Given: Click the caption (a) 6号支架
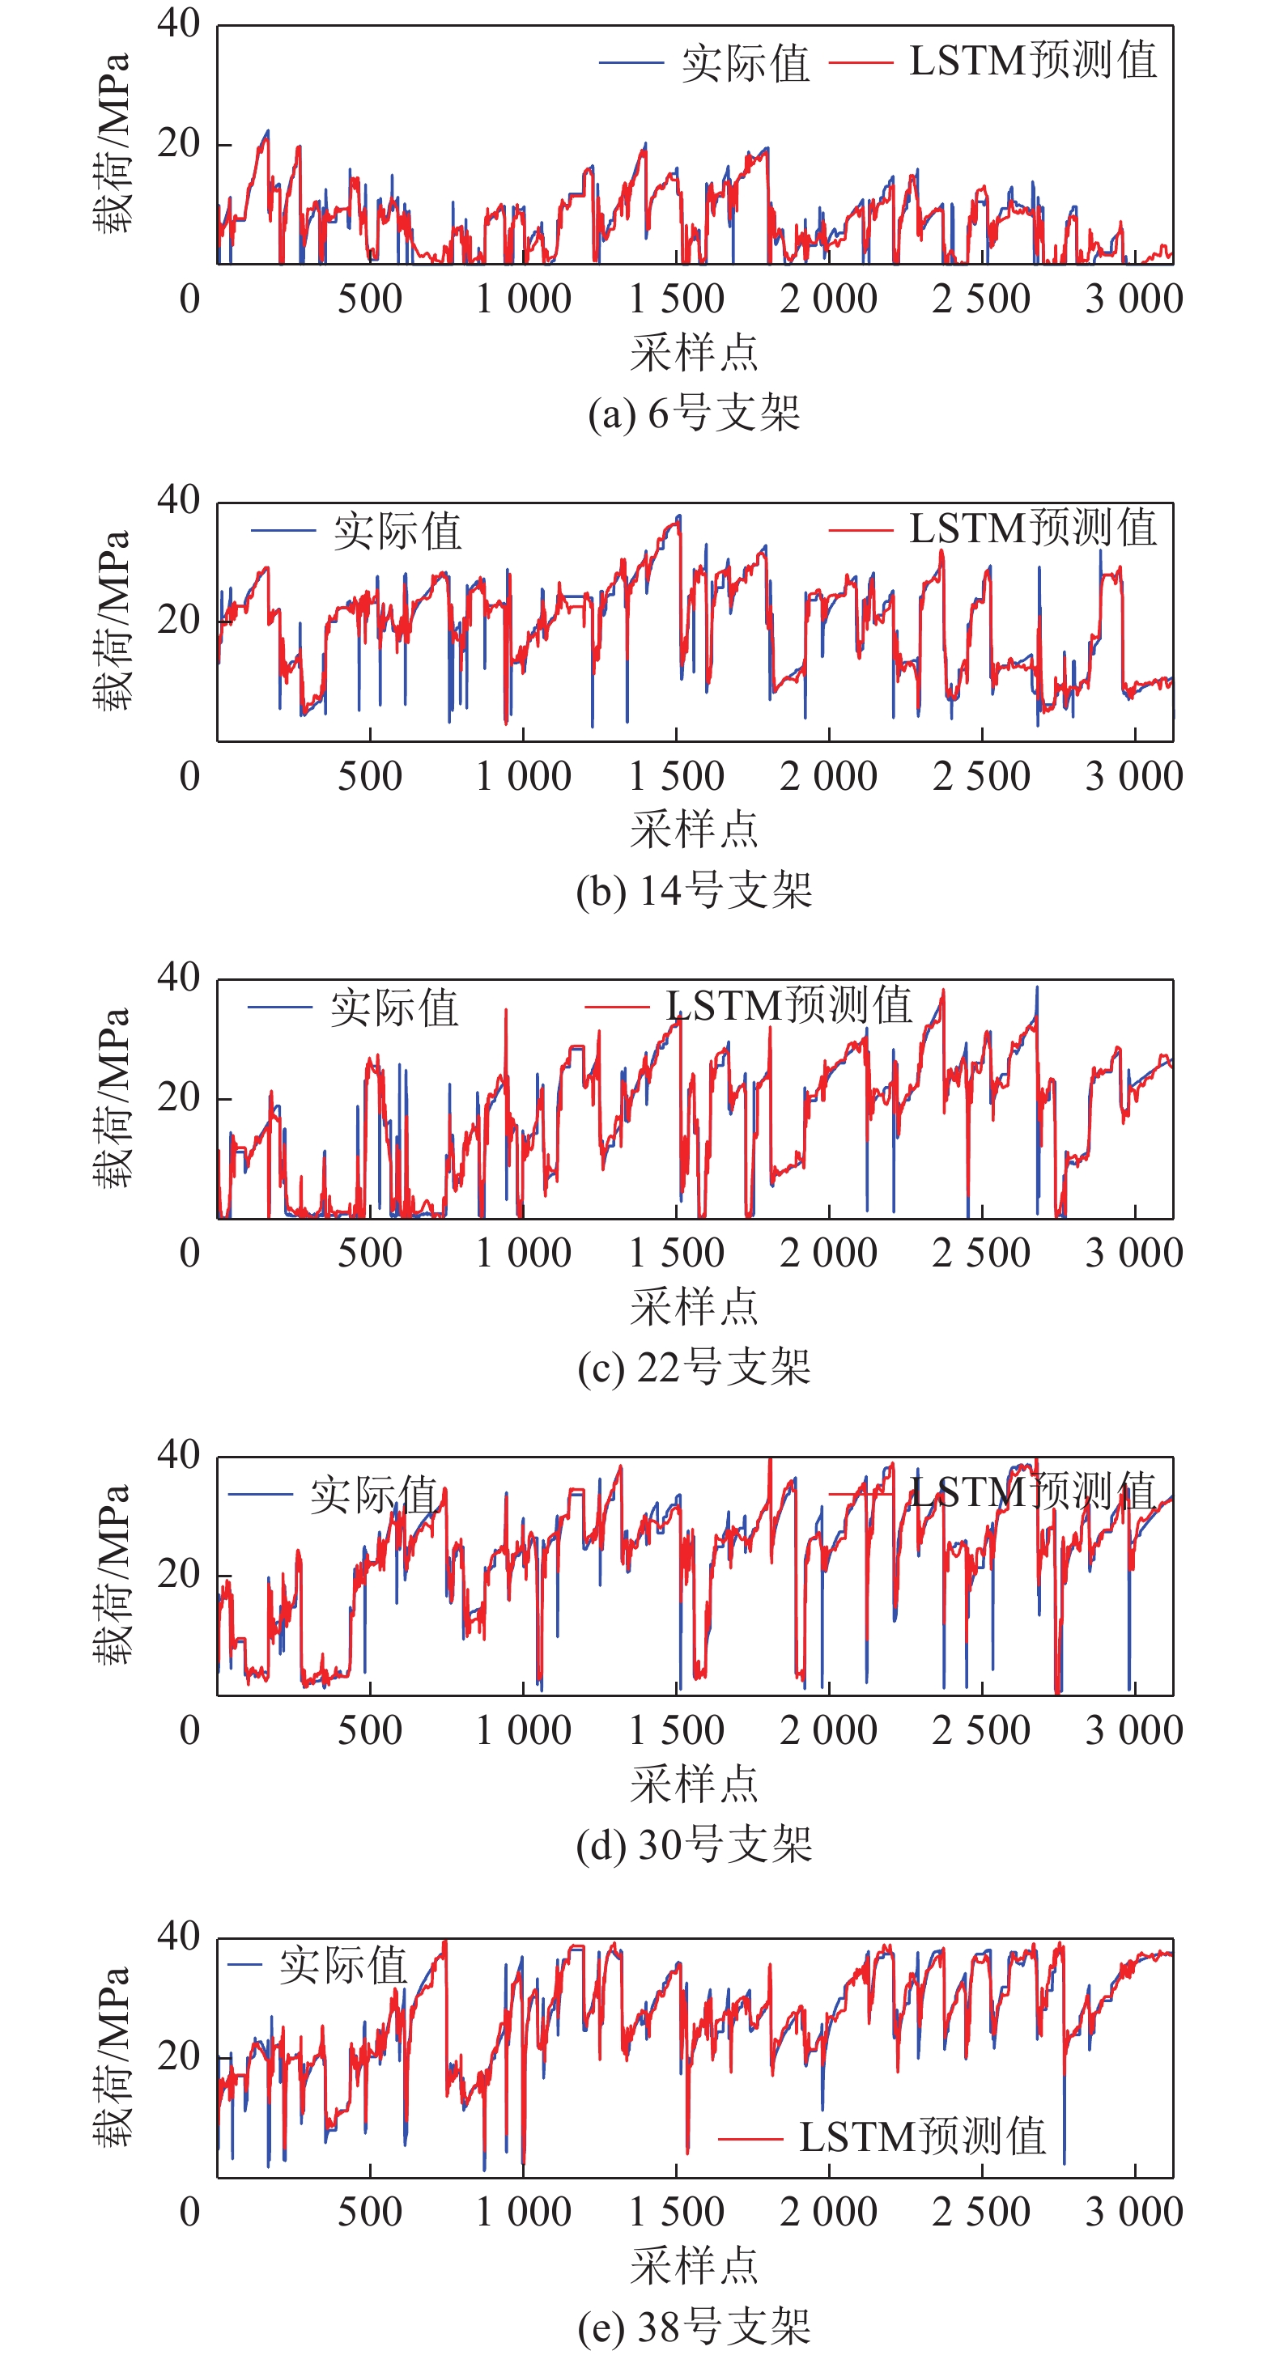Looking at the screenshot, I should (695, 414).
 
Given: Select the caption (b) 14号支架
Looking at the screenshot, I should (695, 891).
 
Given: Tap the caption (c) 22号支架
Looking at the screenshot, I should (695, 1368).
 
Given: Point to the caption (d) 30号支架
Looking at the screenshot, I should (695, 1846).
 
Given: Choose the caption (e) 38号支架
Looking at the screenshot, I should (695, 2327).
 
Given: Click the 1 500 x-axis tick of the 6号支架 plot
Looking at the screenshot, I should (676, 299).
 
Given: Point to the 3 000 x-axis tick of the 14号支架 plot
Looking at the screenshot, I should (1134, 776).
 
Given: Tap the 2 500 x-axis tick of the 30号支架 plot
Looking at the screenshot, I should (981, 1730).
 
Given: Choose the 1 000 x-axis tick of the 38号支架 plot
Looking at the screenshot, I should (523, 2213).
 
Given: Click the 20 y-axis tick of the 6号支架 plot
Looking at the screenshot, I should (178, 143).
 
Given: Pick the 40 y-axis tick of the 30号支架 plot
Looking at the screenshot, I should (178, 1454).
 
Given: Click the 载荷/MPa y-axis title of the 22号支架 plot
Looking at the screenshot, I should (112, 1098).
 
